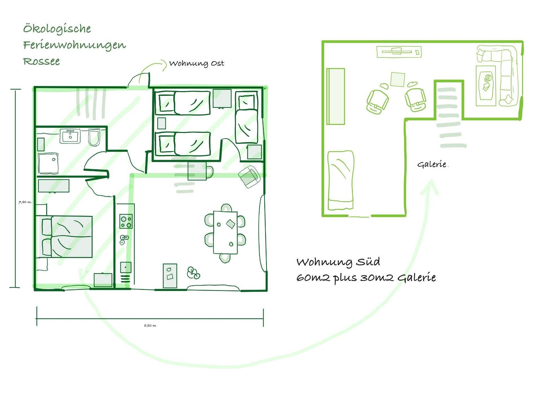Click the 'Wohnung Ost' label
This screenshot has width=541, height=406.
click(197, 63)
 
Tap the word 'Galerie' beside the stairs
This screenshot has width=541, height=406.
click(432, 164)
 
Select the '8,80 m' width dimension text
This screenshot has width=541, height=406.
click(150, 326)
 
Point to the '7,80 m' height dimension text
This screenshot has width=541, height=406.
click(25, 202)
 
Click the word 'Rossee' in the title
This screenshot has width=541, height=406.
click(41, 61)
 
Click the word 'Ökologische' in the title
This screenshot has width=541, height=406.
click(57, 29)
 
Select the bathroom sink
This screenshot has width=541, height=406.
click(70, 136)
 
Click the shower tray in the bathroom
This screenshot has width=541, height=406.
click(48, 164)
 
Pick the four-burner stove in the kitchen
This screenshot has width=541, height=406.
click(126, 222)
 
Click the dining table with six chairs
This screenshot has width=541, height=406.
click(225, 233)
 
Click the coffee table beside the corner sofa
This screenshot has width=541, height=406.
click(486, 86)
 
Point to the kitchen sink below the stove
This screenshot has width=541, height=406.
click(124, 240)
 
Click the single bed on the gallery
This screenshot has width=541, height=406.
click(341, 180)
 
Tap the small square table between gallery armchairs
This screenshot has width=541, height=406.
click(398, 80)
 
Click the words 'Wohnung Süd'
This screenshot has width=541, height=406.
click(338, 262)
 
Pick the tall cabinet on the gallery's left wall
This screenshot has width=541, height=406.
click(336, 96)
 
